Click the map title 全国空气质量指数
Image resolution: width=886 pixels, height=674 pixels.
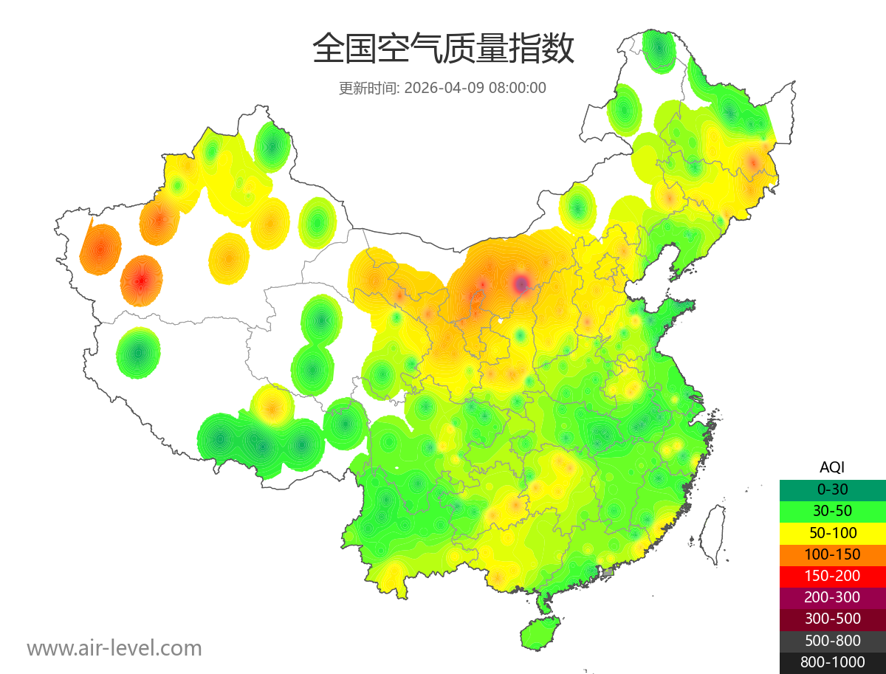443,49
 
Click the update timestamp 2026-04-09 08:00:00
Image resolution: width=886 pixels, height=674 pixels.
475,88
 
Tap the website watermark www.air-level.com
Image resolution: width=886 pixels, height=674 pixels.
114,648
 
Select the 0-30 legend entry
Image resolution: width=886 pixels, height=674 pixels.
832,489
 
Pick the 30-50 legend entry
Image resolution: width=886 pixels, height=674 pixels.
832,511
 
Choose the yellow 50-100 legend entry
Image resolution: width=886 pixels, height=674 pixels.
832,532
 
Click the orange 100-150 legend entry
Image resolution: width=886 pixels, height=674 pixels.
832,554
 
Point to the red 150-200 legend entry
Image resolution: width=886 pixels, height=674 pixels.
832,576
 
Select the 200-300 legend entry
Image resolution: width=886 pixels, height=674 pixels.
832,597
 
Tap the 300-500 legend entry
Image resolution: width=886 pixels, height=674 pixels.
832,619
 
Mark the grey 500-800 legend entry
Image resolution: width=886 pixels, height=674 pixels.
832,640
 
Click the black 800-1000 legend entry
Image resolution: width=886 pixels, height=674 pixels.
832,662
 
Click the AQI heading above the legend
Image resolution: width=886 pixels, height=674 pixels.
832,467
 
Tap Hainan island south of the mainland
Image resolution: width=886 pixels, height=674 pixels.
540,634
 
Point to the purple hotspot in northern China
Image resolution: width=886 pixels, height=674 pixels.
521,283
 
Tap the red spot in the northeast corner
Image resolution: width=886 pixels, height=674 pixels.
753,161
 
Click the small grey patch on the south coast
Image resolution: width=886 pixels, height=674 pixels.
608,572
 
